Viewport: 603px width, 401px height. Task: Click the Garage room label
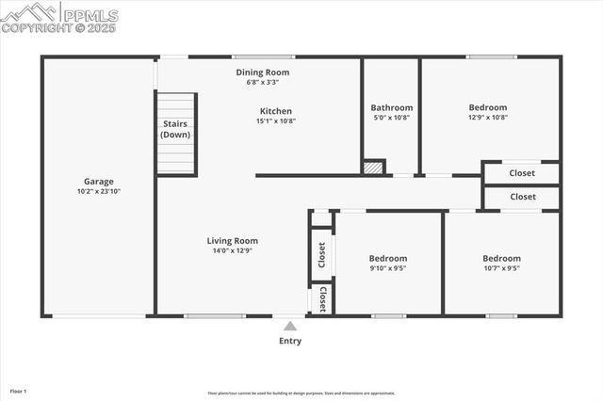pos(98,182)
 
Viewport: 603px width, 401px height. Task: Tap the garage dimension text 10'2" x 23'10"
pos(98,192)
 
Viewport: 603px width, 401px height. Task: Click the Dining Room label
pos(262,72)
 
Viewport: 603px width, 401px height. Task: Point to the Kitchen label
pos(276,111)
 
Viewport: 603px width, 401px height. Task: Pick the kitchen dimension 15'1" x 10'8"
pos(276,120)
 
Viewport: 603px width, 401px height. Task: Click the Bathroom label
pos(391,107)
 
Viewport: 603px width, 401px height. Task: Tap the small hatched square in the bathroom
pos(374,168)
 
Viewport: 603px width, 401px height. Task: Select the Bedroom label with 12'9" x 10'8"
pos(487,107)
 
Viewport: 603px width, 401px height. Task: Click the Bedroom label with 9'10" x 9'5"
pos(387,258)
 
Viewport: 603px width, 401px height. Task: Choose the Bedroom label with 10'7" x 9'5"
pos(501,258)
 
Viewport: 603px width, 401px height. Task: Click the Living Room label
pos(232,241)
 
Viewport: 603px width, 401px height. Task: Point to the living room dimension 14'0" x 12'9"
pos(232,250)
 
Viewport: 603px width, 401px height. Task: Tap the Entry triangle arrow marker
pos(290,326)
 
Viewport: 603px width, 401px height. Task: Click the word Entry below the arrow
pos(290,341)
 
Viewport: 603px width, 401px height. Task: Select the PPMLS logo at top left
pos(59,17)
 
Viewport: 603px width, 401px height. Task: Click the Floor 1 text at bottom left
pos(18,390)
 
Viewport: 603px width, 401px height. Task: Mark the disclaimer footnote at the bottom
pos(301,393)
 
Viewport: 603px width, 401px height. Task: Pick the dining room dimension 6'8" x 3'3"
pos(262,82)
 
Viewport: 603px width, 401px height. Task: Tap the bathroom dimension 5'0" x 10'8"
pos(391,118)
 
